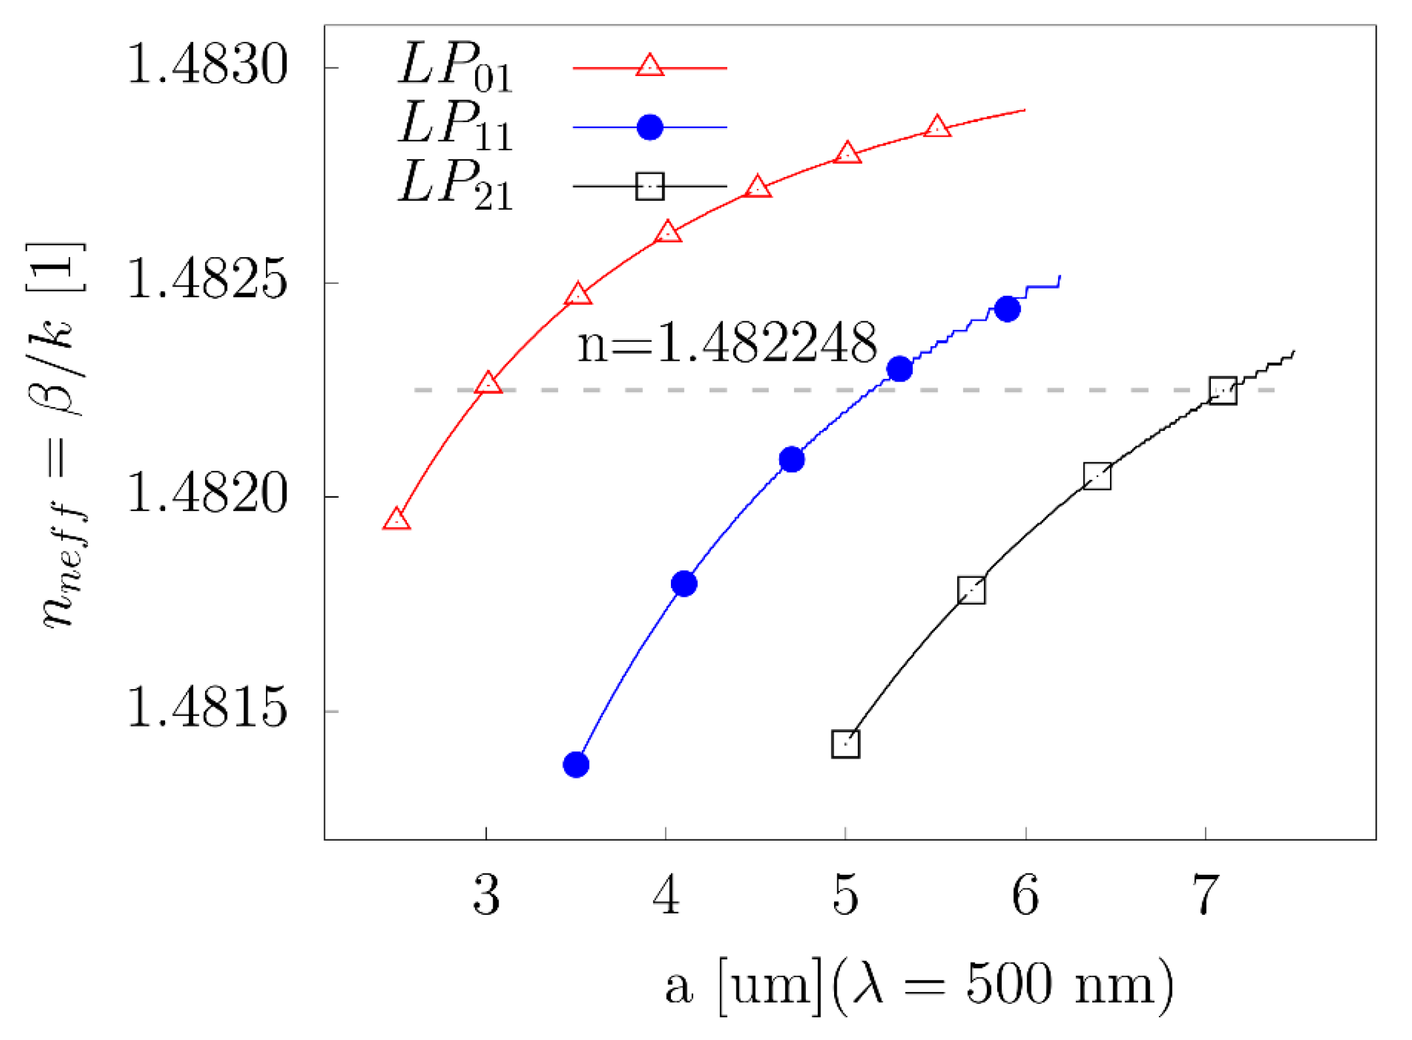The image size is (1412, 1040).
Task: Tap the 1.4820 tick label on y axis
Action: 207,494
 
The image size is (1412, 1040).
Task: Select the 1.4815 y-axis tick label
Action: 207,709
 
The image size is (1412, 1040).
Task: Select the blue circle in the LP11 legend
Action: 649,127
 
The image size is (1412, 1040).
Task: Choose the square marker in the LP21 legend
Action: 649,186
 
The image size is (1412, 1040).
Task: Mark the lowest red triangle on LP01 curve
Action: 396,520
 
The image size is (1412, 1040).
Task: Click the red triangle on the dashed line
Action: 487,384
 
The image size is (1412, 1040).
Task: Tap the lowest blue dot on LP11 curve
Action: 576,765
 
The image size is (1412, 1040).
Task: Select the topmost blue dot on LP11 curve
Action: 1007,309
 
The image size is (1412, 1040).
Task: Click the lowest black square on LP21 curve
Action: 845,744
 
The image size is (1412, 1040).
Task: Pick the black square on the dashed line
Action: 1223,391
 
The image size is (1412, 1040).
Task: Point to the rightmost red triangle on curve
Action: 937,127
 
